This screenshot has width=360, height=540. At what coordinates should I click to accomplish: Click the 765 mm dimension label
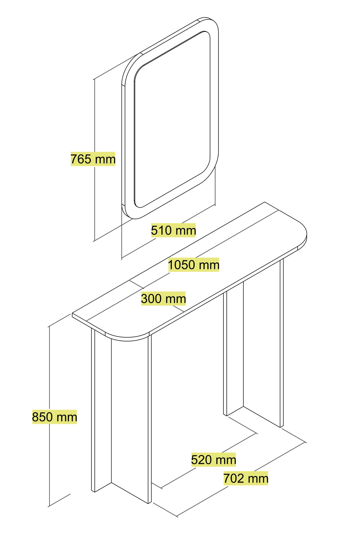coord(93,159)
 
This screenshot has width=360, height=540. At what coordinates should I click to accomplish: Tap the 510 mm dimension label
coord(173,230)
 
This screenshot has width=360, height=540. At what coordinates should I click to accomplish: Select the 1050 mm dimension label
coord(193,265)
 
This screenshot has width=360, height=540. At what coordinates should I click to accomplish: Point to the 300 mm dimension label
coord(163,299)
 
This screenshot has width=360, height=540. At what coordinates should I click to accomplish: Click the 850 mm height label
coord(55,417)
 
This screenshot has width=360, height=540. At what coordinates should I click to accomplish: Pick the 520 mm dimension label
coord(214,460)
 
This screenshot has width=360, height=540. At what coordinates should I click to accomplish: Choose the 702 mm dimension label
coord(246,478)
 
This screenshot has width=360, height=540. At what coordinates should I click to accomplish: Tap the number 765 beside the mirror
coord(80,159)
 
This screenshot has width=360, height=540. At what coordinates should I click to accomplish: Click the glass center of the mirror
coord(172,120)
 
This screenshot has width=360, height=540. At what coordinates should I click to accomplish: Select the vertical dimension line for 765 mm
coord(94,160)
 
